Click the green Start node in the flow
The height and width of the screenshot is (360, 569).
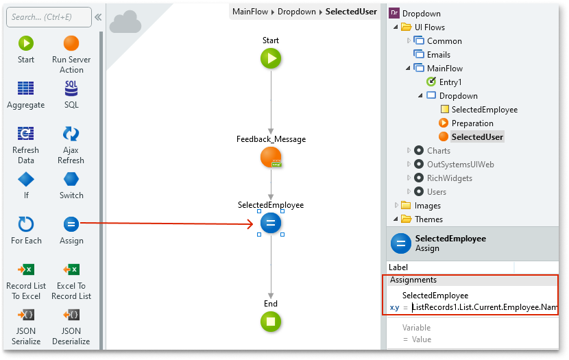(271, 59)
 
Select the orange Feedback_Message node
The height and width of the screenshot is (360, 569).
(271, 158)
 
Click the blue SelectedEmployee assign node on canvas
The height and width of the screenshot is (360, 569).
(271, 223)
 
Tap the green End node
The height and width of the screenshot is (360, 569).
(271, 321)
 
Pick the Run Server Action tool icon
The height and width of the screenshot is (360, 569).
(71, 43)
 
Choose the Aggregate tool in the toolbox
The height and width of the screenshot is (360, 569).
(26, 88)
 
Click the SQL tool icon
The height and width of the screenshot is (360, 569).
(71, 88)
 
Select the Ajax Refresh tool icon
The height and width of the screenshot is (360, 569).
(71, 134)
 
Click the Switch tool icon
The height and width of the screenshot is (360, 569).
(71, 179)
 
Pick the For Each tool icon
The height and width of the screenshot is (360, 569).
(26, 224)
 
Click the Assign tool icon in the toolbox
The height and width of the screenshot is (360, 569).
(71, 224)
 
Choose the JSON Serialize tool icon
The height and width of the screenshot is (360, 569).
(26, 315)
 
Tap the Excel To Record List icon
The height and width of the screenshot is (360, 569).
(71, 269)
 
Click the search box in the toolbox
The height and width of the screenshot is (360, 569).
(48, 17)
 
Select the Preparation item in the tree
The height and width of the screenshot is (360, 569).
(472, 123)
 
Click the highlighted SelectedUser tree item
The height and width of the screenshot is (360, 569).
(477, 137)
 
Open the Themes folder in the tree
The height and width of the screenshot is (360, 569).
(429, 219)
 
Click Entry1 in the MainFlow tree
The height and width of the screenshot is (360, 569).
(450, 82)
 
